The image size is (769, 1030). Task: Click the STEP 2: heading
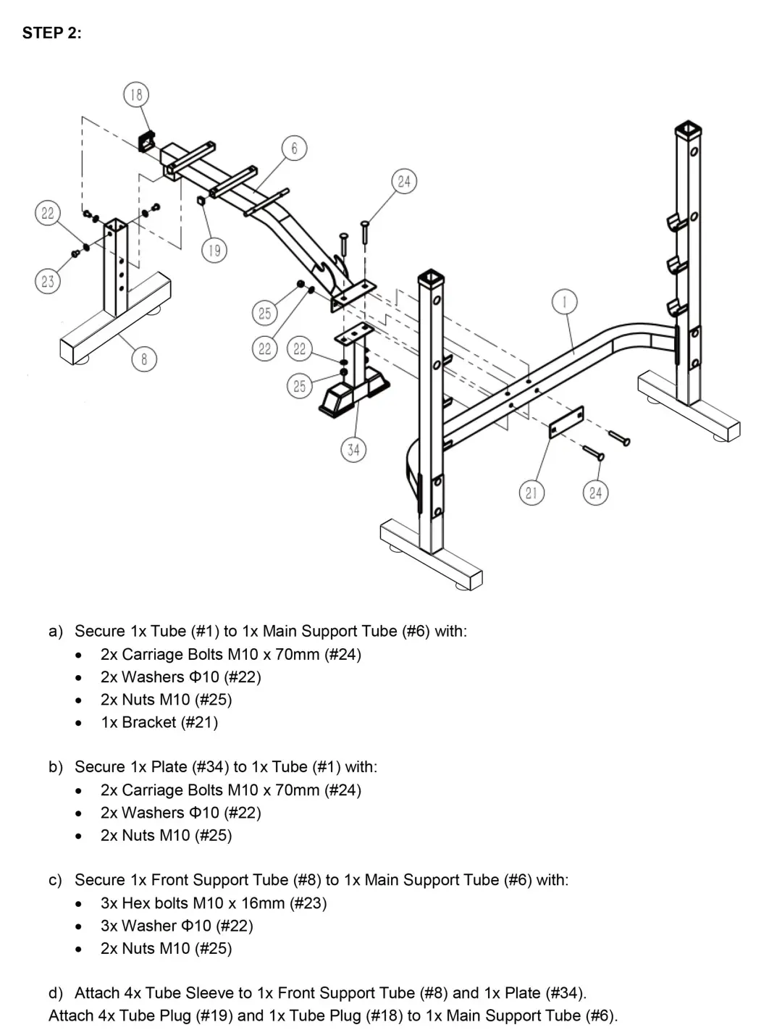[51, 33]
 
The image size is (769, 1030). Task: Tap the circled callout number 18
[136, 94]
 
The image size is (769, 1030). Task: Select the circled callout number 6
[294, 148]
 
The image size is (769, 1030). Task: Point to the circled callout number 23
[48, 281]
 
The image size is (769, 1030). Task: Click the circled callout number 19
[214, 251]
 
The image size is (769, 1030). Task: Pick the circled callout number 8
[144, 359]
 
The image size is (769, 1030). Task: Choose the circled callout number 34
[353, 450]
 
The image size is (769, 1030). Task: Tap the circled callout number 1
[565, 301]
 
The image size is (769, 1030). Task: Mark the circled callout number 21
[531, 493]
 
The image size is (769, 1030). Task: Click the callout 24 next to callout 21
[595, 493]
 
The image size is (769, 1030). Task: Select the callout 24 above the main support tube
[404, 181]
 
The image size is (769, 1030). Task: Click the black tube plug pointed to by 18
[148, 140]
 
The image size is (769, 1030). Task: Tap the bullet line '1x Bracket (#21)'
[159, 722]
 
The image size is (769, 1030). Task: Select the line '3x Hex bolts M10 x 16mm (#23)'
[214, 903]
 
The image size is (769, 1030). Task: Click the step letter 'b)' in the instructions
[56, 767]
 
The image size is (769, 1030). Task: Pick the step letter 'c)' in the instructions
[56, 880]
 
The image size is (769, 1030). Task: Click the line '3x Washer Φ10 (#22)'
[177, 926]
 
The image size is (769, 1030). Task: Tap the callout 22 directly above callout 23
[48, 213]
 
